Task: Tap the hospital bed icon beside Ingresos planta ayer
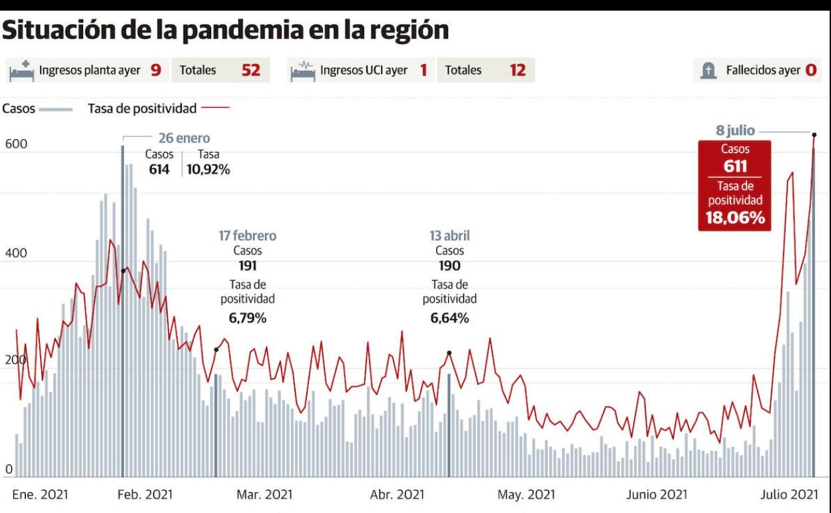pos(22,70)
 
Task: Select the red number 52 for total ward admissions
pos(250,70)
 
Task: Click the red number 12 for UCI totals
pos(517,70)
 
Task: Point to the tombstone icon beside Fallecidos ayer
pos(708,70)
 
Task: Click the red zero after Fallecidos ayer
pos(810,70)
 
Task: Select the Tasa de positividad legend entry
pos(142,109)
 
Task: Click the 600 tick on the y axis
pos(17,143)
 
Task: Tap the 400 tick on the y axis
pos(17,253)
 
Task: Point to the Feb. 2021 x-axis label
pos(144,495)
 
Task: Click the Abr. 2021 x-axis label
pos(397,495)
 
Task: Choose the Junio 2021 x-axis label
pos(657,495)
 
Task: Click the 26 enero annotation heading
pos(184,139)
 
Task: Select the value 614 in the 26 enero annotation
pos(159,169)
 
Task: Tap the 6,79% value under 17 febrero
pos(248,318)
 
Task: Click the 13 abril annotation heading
pos(449,236)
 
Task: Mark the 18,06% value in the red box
pos(735,218)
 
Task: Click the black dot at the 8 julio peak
pos(814,135)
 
